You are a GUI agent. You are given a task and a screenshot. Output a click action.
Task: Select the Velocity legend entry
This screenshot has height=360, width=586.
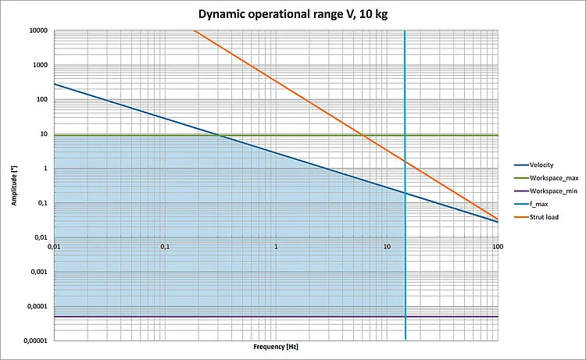click(x=541, y=165)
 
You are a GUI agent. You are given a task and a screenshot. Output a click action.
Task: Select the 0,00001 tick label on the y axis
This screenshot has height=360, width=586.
click(x=34, y=340)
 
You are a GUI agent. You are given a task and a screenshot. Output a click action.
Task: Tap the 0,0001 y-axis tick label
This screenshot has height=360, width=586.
click(x=35, y=306)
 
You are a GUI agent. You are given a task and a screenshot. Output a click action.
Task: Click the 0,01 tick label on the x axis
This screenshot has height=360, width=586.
click(x=54, y=247)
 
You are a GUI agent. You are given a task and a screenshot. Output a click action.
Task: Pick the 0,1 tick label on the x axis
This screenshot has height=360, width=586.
click(x=165, y=247)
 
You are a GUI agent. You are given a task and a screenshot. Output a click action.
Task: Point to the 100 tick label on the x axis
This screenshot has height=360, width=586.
click(x=498, y=247)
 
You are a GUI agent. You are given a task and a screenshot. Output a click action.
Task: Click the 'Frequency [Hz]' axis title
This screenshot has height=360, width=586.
click(x=276, y=346)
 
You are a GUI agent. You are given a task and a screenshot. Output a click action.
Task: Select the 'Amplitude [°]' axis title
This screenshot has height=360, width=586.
click(x=14, y=185)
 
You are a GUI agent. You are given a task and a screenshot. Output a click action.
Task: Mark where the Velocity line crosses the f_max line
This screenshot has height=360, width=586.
click(x=406, y=193)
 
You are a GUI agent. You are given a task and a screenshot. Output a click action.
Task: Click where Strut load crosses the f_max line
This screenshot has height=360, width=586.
click(x=406, y=162)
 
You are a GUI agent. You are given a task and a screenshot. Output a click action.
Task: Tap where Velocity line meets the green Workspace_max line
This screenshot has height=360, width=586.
click(x=220, y=135)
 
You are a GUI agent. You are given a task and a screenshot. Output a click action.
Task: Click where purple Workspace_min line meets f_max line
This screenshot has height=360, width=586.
click(x=406, y=316)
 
